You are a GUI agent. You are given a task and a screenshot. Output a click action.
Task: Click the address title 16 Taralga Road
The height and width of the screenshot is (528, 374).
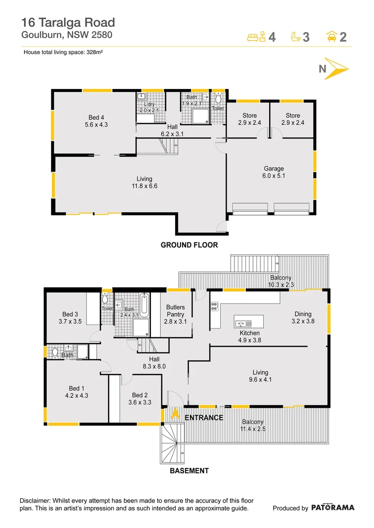coord(68,22)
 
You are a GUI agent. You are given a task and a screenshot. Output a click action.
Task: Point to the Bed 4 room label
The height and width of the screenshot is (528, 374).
coord(96,121)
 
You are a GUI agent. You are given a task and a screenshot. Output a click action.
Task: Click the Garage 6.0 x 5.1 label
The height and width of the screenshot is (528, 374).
coord(274,172)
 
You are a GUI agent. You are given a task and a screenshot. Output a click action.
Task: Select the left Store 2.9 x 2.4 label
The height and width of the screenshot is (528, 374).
coord(249,119)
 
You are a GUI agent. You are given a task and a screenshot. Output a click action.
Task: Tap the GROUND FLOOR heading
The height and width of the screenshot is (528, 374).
coord(189,245)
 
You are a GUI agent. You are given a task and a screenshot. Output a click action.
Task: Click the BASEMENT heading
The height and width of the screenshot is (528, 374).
coord(189,471)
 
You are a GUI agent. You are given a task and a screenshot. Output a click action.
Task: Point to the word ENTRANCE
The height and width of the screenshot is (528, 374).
coord(204,418)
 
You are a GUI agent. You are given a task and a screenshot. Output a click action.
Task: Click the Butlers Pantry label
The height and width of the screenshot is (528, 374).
coord(175,314)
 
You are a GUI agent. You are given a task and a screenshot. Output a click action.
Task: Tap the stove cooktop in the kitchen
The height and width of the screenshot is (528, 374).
coord(214,307)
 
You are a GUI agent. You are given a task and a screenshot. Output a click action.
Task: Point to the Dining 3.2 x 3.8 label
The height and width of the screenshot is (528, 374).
coord(303,318)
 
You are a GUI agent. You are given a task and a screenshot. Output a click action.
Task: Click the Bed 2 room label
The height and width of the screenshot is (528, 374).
coord(140,398)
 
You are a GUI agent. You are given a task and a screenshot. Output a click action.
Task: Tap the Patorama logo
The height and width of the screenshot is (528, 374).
coord(332,507)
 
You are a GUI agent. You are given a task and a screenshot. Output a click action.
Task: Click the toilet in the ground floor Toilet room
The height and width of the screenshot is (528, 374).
coord(218,98)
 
